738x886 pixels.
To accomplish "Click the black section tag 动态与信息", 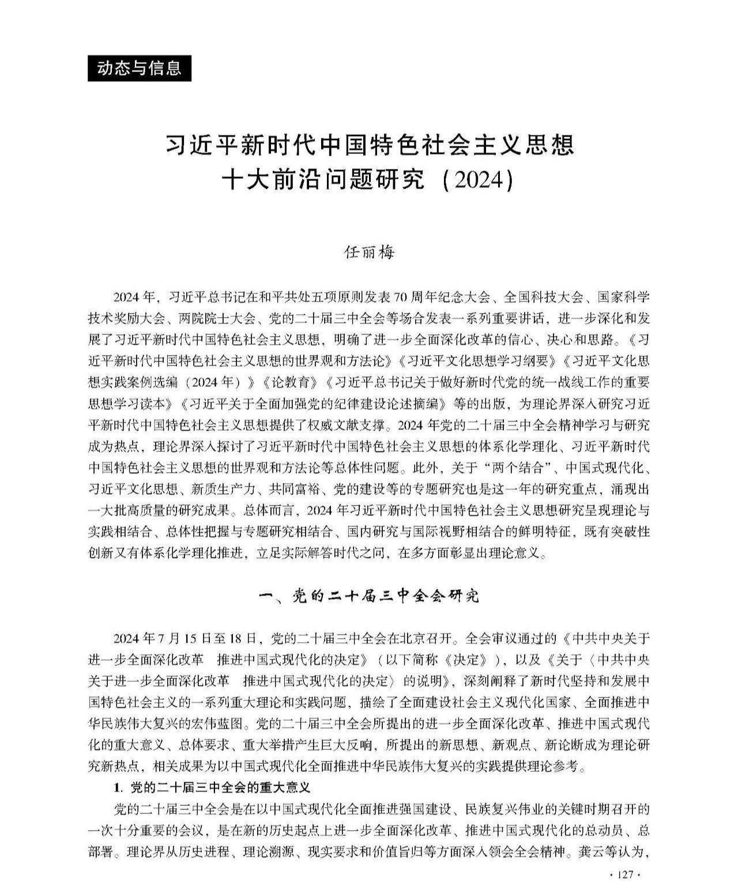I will [139, 69].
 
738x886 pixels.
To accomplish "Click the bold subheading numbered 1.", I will [212, 787].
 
